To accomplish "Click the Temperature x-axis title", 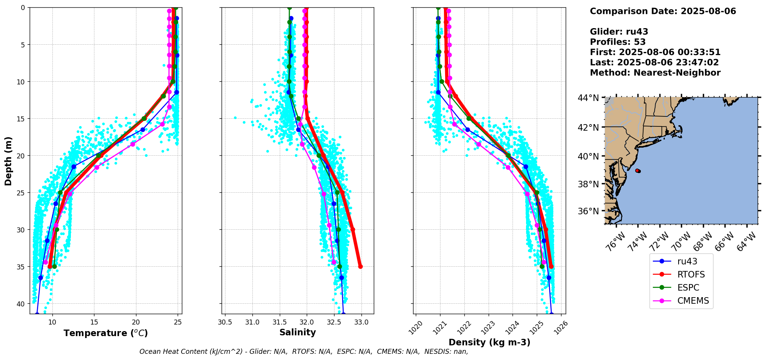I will pos(106,333).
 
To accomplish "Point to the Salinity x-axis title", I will pos(297,333).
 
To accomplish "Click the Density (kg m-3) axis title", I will pos(489,342).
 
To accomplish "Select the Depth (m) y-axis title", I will pos(8,161).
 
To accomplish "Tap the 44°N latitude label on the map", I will pos(588,98).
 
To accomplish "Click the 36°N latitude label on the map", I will pos(588,211).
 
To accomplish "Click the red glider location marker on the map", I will pos(638,170).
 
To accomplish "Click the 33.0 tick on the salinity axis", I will pos(361,322).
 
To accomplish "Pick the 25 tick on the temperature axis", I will pos(177,322).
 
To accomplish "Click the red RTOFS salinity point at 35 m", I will pos(360,266).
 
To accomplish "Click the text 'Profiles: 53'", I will pos(617,42).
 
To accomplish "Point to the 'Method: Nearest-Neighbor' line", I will pos(655,73).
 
